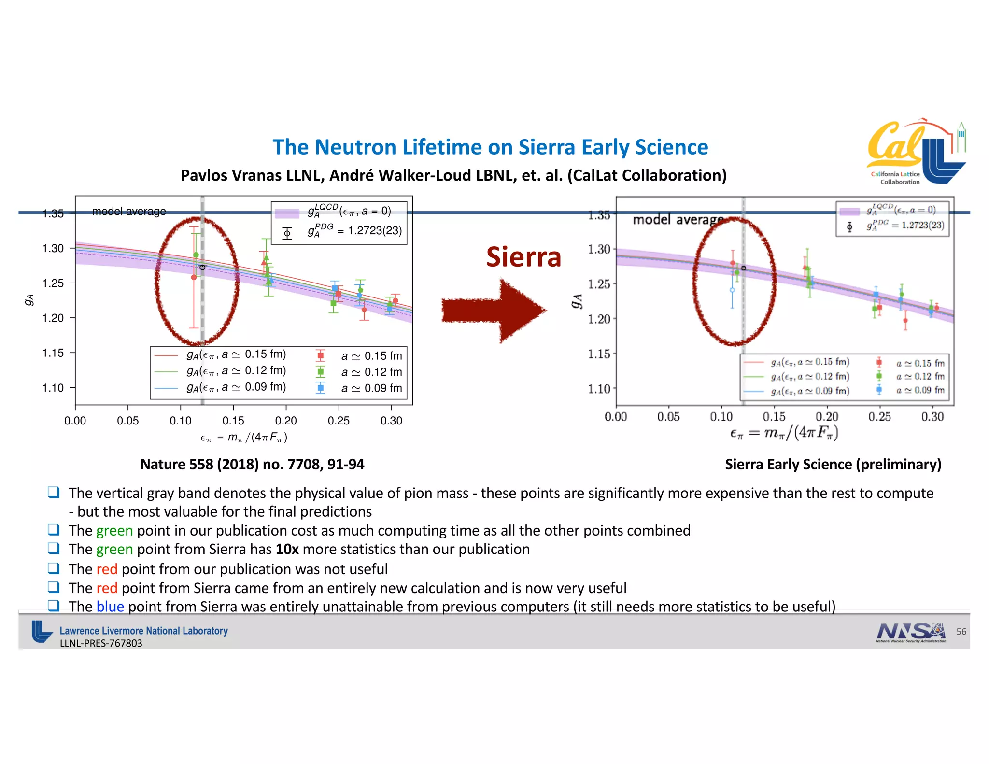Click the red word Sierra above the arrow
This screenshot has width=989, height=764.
click(523, 257)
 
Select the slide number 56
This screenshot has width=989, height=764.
click(961, 632)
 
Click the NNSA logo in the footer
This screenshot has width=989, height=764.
click(910, 632)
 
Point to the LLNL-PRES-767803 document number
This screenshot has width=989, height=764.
click(101, 643)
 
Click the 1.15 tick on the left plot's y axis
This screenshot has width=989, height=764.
click(53, 353)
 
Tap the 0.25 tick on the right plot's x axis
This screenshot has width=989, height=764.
click(879, 417)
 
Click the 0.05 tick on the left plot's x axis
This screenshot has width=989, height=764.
click(127, 421)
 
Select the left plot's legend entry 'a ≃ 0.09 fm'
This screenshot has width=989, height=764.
click(371, 388)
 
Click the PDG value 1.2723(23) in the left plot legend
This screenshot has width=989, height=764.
click(375, 231)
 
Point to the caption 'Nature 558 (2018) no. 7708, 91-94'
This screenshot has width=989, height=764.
click(252, 464)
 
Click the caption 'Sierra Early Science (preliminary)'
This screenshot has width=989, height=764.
click(833, 464)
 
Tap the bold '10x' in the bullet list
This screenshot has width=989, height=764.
click(287, 550)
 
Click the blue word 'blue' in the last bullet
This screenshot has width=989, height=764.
click(110, 607)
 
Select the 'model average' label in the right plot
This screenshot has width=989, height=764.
click(678, 220)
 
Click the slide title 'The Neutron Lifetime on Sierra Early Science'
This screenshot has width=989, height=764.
click(490, 147)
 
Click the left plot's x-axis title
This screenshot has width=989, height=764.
click(244, 438)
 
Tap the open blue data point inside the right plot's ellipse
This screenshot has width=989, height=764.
click(732, 290)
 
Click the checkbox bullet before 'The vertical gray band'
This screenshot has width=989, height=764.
click(53, 493)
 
